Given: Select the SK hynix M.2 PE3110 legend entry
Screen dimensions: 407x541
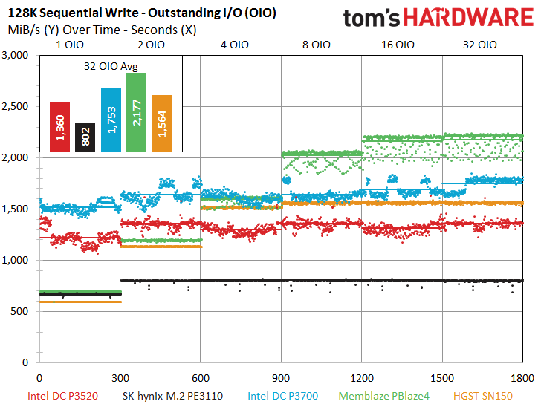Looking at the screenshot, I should tap(172, 396).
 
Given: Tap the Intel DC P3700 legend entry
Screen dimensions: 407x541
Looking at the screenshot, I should tap(284, 396).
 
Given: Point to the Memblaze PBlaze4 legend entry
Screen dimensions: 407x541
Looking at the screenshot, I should tap(385, 396).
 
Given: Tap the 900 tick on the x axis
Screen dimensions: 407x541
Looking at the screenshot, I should tap(281, 377).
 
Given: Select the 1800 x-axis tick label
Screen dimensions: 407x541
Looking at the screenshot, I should tap(522, 377).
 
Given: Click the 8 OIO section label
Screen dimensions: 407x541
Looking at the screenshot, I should tap(316, 45).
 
